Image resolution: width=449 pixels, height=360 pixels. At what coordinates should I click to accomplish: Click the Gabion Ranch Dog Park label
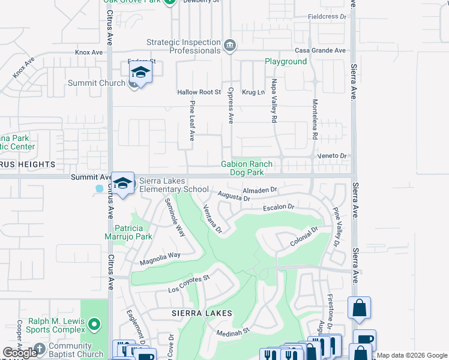click(247, 168)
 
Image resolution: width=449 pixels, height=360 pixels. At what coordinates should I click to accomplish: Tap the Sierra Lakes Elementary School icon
click(122, 184)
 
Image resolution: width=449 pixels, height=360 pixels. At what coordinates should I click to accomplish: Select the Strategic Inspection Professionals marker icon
click(229, 46)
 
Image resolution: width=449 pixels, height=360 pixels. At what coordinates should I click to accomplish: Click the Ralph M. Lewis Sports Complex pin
click(94, 325)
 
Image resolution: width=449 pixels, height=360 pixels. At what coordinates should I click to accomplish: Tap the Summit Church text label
click(96, 83)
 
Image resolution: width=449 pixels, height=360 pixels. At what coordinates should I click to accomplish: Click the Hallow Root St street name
click(199, 92)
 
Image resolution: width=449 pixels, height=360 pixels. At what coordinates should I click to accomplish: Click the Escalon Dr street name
click(279, 208)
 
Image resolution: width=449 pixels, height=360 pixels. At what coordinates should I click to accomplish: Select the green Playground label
click(286, 62)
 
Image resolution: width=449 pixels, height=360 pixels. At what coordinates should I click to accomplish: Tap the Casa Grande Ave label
click(319, 50)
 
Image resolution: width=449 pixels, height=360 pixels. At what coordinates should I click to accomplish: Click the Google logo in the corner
click(20, 353)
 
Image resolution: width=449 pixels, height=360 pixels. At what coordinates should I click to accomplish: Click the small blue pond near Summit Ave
click(99, 188)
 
